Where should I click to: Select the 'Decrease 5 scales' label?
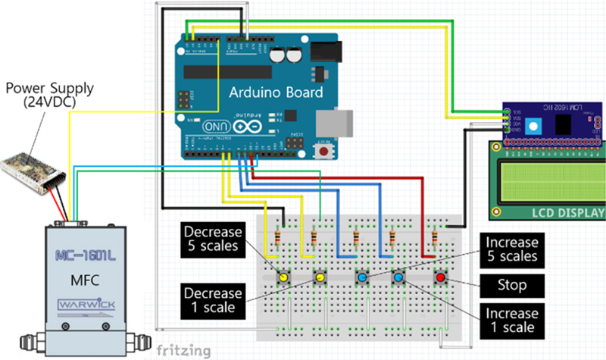(213, 237)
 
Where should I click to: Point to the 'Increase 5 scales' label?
(511, 249)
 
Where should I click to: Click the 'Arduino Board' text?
(276, 93)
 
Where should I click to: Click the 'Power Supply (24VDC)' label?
(50, 95)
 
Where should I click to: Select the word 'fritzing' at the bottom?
(183, 350)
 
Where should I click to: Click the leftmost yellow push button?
(282, 278)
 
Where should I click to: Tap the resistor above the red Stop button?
(434, 241)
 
